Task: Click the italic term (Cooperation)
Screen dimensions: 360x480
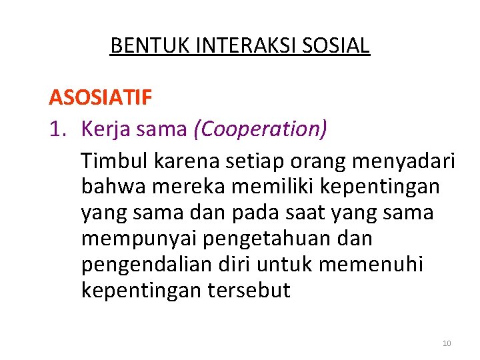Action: coord(260,129)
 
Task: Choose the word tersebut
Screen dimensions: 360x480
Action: coord(251,291)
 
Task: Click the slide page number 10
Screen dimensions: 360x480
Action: coord(446,343)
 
